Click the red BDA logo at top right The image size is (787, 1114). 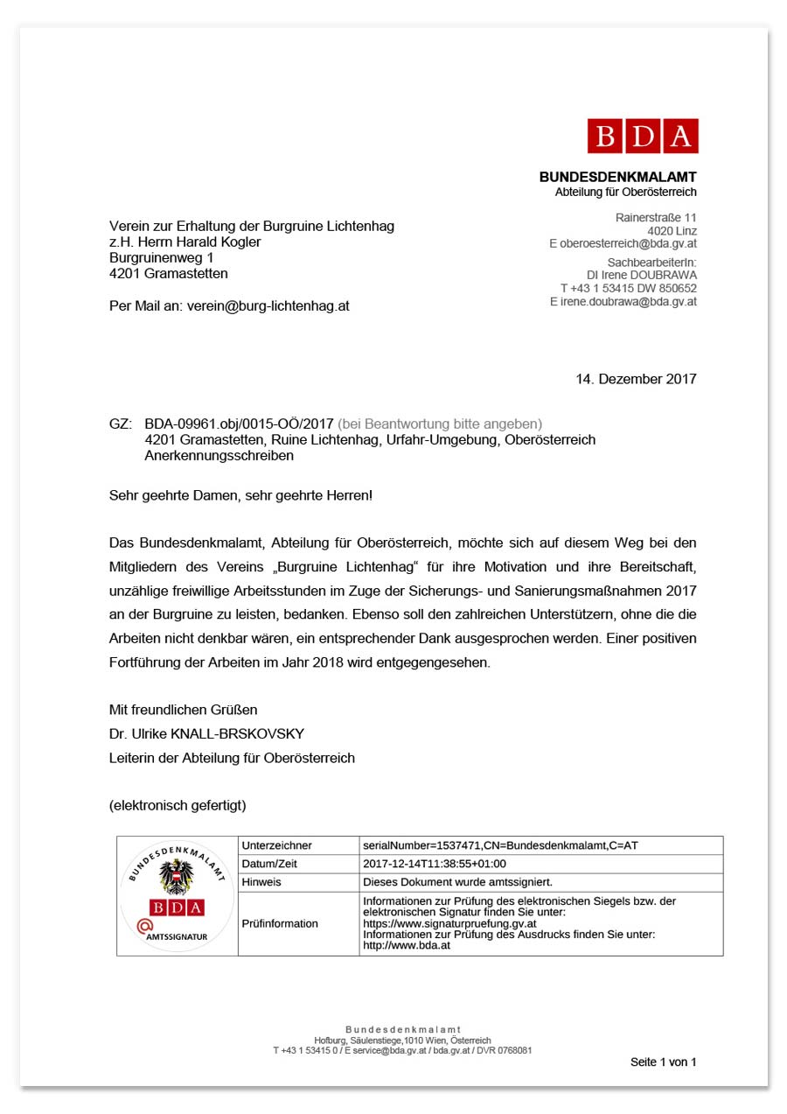[x=643, y=136]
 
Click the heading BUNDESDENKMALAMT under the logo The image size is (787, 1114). [x=617, y=177]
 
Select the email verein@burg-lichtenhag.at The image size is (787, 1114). [x=268, y=306]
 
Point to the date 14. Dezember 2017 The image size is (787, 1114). [x=636, y=379]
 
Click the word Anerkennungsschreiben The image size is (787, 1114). [x=219, y=456]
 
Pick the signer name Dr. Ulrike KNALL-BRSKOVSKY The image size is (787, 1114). [x=206, y=733]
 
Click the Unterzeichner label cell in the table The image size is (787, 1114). [x=276, y=845]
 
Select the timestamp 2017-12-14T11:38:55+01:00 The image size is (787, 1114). [x=434, y=864]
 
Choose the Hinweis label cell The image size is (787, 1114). [x=261, y=882]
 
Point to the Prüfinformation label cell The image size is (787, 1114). [x=280, y=923]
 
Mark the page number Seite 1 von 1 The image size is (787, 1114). [x=663, y=1062]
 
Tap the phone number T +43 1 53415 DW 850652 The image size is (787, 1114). [x=628, y=288]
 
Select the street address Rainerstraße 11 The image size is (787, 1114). [x=656, y=217]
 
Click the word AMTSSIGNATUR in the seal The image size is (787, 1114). [x=178, y=936]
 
